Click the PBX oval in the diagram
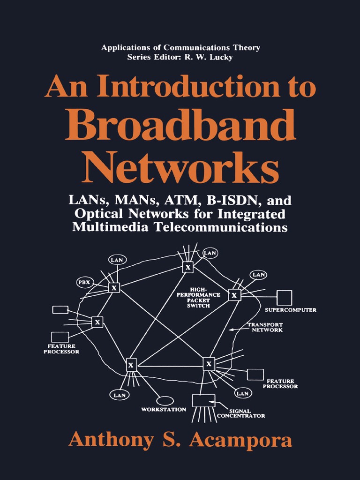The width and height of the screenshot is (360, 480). point(85,283)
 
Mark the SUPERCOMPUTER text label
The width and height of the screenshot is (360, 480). point(291,310)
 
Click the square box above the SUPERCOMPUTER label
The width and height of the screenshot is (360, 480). point(284,298)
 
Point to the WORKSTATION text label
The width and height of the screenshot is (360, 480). point(164,409)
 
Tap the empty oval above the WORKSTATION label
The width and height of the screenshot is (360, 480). point(165,401)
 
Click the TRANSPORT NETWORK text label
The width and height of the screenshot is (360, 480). point(265,327)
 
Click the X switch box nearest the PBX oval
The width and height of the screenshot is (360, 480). point(114,287)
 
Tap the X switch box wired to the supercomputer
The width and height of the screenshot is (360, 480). point(234,295)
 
